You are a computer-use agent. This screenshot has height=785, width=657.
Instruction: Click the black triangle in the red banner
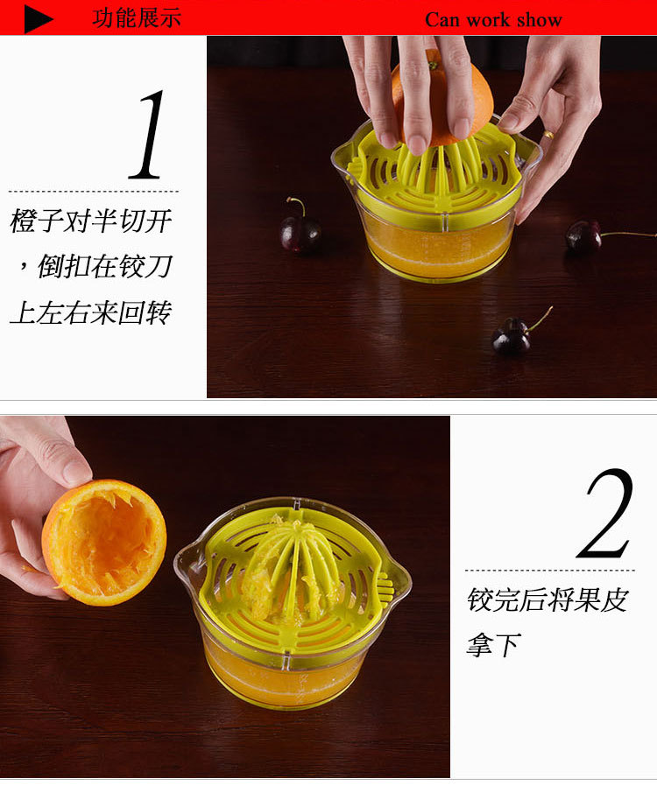[38, 18]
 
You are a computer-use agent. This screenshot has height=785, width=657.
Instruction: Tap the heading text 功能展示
[137, 18]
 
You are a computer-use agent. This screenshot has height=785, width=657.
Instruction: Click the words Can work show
[493, 20]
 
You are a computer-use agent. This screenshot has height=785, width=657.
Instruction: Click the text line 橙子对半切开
[91, 221]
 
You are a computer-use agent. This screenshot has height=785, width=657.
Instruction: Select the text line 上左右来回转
[91, 312]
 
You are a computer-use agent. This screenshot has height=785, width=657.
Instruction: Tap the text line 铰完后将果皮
[547, 600]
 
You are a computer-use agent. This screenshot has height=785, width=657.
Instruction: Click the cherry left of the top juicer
[300, 233]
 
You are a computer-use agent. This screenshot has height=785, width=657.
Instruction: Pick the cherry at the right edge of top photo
[584, 236]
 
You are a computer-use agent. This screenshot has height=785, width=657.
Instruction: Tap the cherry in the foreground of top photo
[512, 337]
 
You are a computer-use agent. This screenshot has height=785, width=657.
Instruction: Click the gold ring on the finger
[547, 135]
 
